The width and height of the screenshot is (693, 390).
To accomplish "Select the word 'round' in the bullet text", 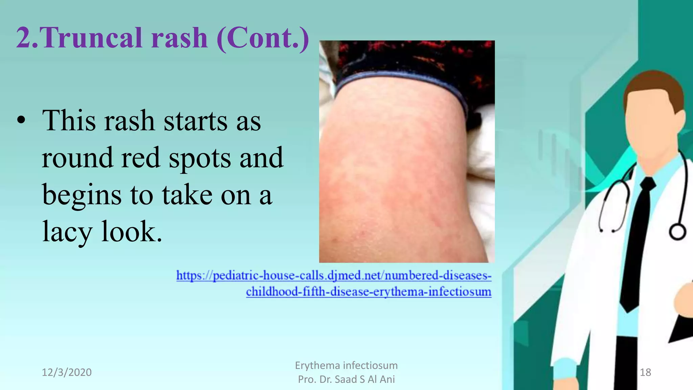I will pyautogui.click(x=77, y=158).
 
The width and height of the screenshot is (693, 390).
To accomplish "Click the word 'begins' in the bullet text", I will pyautogui.click(x=82, y=196).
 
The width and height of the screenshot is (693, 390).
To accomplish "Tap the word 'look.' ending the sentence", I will pyautogui.click(x=132, y=232).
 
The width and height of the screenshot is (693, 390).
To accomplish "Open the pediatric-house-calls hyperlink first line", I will pyautogui.click(x=334, y=276).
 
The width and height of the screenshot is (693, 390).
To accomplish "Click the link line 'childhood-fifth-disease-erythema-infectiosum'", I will pyautogui.click(x=368, y=291).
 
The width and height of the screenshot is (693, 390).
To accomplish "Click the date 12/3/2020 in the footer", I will pyautogui.click(x=67, y=372).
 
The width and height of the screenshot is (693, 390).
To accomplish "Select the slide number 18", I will pyautogui.click(x=645, y=372).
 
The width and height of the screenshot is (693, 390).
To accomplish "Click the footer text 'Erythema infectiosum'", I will pyautogui.click(x=346, y=365).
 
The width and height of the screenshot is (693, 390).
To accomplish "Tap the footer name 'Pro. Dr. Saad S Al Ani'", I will pyautogui.click(x=346, y=379).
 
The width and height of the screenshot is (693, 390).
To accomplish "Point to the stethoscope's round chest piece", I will pyautogui.click(x=677, y=232).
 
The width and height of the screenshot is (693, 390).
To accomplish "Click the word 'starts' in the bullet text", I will pyautogui.click(x=196, y=121).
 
